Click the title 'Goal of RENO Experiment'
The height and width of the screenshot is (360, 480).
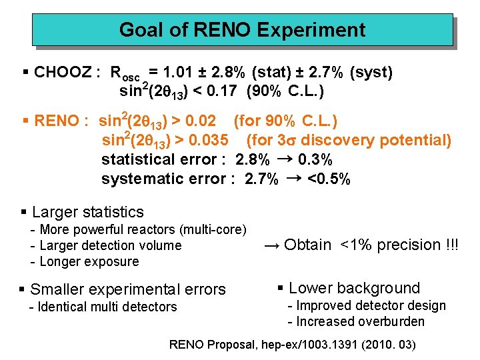coord(242,30)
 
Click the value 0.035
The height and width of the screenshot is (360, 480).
coord(209,140)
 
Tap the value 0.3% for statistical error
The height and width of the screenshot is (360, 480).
coord(315,160)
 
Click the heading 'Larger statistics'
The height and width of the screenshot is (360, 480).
coord(87,212)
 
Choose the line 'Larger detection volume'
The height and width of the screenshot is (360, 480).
coord(111,245)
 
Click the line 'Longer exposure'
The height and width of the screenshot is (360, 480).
coord(89,261)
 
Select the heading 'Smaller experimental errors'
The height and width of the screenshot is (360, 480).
coord(128,289)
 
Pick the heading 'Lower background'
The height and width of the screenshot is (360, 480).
coord(354,288)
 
